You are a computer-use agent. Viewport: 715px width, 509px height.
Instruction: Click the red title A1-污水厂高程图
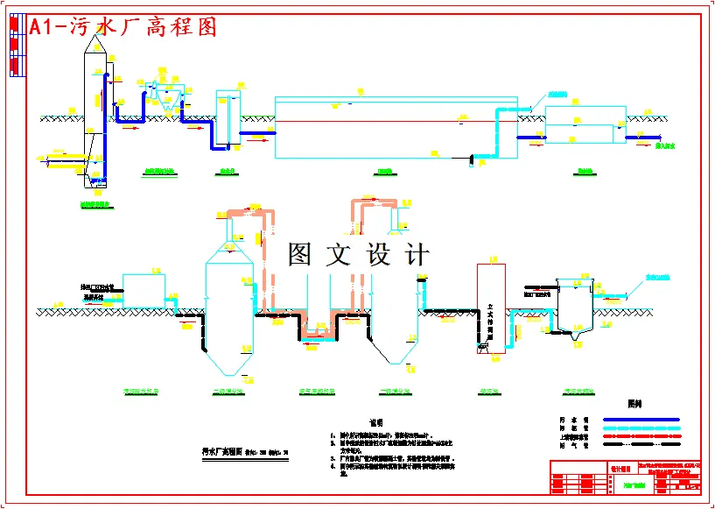coord(123,28)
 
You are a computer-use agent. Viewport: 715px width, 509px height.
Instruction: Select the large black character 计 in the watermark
coord(417,254)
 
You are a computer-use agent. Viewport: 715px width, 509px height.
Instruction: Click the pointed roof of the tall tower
coord(95,39)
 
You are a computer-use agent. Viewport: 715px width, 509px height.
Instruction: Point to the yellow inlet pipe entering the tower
coord(66,160)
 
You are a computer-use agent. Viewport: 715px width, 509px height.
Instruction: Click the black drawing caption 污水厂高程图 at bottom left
coord(216,453)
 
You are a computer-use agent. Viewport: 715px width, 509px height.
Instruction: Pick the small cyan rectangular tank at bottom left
coord(144,290)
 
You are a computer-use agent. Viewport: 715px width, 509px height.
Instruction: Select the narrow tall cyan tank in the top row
coord(228,117)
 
